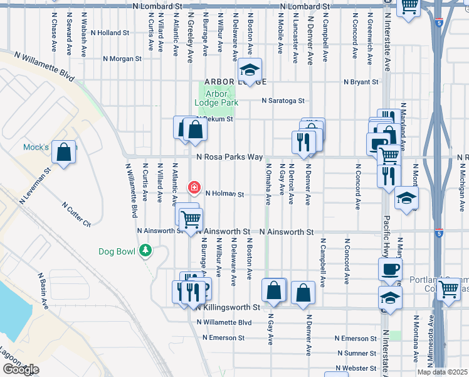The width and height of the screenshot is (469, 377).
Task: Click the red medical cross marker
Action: (194, 187)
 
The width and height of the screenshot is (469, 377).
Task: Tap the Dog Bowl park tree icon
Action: (146, 251)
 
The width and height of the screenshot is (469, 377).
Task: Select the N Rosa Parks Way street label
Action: (229, 158)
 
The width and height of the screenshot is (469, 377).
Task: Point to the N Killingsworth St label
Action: (228, 307)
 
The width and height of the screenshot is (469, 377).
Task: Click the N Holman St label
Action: (224, 194)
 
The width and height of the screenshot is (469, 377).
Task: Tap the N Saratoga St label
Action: (283, 101)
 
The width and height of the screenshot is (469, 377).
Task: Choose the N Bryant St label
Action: (361, 82)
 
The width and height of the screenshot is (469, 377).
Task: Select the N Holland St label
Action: (110, 32)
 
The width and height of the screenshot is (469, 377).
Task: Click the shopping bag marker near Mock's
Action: (64, 152)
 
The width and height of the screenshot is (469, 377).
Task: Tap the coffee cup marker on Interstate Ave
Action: (390, 269)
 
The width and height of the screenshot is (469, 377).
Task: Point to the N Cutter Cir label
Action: (77, 214)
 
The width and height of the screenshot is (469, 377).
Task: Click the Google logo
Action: (20, 369)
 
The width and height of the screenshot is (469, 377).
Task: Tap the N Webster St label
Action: (356, 368)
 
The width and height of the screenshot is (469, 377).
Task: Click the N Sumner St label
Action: (356, 354)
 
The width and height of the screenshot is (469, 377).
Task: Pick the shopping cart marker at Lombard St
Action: (409, 6)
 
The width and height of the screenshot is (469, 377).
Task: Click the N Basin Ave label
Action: (43, 290)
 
